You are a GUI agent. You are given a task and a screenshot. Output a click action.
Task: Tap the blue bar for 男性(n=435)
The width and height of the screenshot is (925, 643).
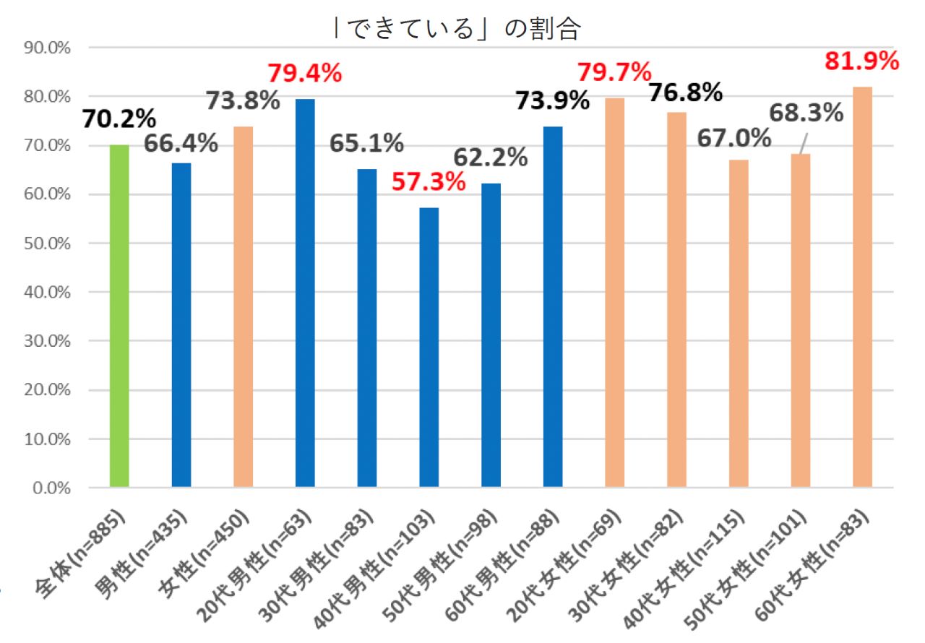click(181, 325)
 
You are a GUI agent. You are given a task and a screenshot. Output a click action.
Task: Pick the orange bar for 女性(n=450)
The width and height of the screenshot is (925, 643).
click(244, 307)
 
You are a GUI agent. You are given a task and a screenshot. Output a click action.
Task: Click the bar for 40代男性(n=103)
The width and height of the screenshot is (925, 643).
click(429, 348)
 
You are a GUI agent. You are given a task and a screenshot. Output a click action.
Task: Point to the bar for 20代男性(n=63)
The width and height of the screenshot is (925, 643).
click(305, 293)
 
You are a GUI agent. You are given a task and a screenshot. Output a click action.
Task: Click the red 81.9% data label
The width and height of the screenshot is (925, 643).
click(859, 61)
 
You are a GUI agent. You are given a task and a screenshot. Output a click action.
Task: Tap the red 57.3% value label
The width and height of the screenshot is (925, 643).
click(428, 182)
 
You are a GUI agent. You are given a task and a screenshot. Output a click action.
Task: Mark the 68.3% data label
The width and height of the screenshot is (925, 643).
click(806, 113)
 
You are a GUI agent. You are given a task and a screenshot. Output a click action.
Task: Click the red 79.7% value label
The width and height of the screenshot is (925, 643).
click(614, 72)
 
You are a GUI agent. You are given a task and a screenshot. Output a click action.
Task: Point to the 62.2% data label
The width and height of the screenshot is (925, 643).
click(491, 156)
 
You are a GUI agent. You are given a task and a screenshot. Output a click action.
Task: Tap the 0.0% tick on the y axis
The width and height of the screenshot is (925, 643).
click(53, 488)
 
